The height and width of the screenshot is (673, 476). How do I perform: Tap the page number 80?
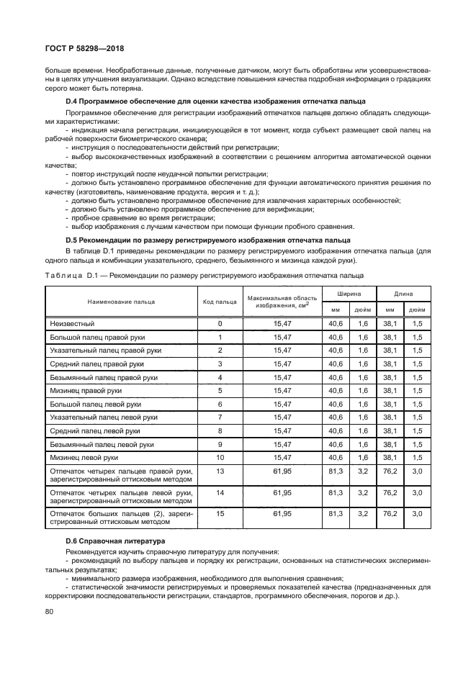coord(49,611)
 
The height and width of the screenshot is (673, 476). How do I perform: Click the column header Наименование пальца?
coord(121,302)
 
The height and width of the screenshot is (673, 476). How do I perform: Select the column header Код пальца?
coord(220,302)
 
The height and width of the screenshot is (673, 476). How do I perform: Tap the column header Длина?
coord(403,294)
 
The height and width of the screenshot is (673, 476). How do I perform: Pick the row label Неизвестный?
coord(73,324)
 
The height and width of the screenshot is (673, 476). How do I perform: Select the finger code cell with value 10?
coord(220,458)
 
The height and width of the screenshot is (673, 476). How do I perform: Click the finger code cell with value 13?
coord(220,471)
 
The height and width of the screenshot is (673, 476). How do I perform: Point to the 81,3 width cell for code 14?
coord(336,492)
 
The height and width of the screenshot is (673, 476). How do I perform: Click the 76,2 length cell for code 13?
coord(390,471)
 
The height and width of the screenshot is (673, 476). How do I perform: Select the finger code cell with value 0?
coord(220,324)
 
